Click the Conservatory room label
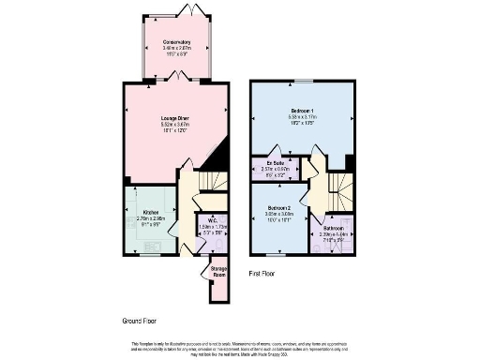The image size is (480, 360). pos(176,42)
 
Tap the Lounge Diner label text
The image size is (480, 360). pos(176,118)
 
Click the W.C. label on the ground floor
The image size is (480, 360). pos(213,221)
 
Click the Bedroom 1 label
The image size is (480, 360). pos(302,112)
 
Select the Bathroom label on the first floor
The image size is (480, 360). pos(333,228)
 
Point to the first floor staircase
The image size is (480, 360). pos(342,192)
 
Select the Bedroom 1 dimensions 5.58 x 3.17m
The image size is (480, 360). pos(302,118)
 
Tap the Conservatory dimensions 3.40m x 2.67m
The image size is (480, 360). pos(176,49)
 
